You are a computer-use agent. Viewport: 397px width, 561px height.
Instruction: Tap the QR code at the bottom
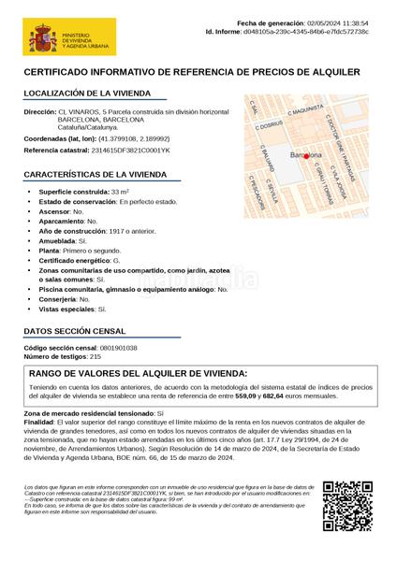point(346,505)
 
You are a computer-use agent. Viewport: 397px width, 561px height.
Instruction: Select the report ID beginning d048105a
point(318,32)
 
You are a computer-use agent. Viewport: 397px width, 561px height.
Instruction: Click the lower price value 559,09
point(246,396)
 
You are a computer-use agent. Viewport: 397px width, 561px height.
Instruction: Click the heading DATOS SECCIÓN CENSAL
point(74,331)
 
